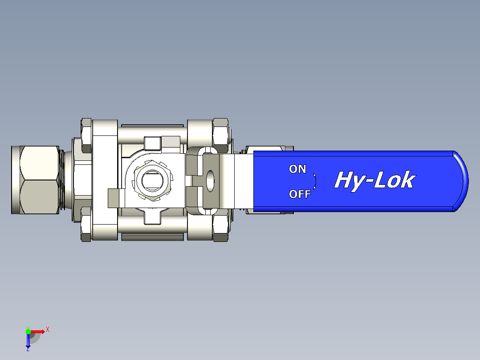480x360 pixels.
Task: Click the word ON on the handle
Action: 297,169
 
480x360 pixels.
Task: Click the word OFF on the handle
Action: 300,194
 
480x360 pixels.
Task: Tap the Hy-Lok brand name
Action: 374,180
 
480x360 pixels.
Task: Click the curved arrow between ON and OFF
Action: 314,181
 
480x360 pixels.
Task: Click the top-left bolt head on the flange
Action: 86,128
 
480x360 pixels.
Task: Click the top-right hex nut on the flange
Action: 220,130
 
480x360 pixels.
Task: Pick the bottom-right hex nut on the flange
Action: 220,228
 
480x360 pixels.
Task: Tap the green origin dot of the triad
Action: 28,331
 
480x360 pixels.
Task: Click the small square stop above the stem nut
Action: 152,143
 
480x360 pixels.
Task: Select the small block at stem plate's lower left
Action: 114,197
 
